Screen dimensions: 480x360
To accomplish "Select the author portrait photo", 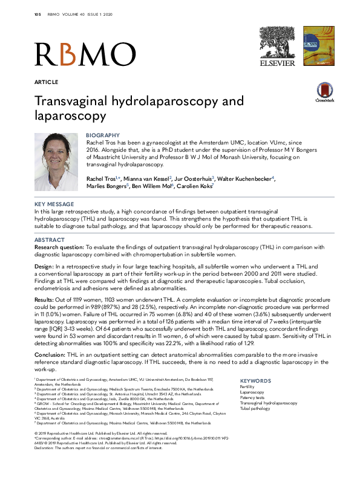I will pos(56,161).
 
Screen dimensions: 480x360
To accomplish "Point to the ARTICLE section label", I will pos(47,82).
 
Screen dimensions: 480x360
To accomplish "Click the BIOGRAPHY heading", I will pos(103,135).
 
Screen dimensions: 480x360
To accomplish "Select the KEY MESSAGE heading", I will pos(54,204).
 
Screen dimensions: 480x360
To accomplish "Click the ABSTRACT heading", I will pos(50,240).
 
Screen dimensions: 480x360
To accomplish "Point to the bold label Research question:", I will pos(59,247).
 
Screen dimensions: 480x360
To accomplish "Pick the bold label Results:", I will pos(48,299).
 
